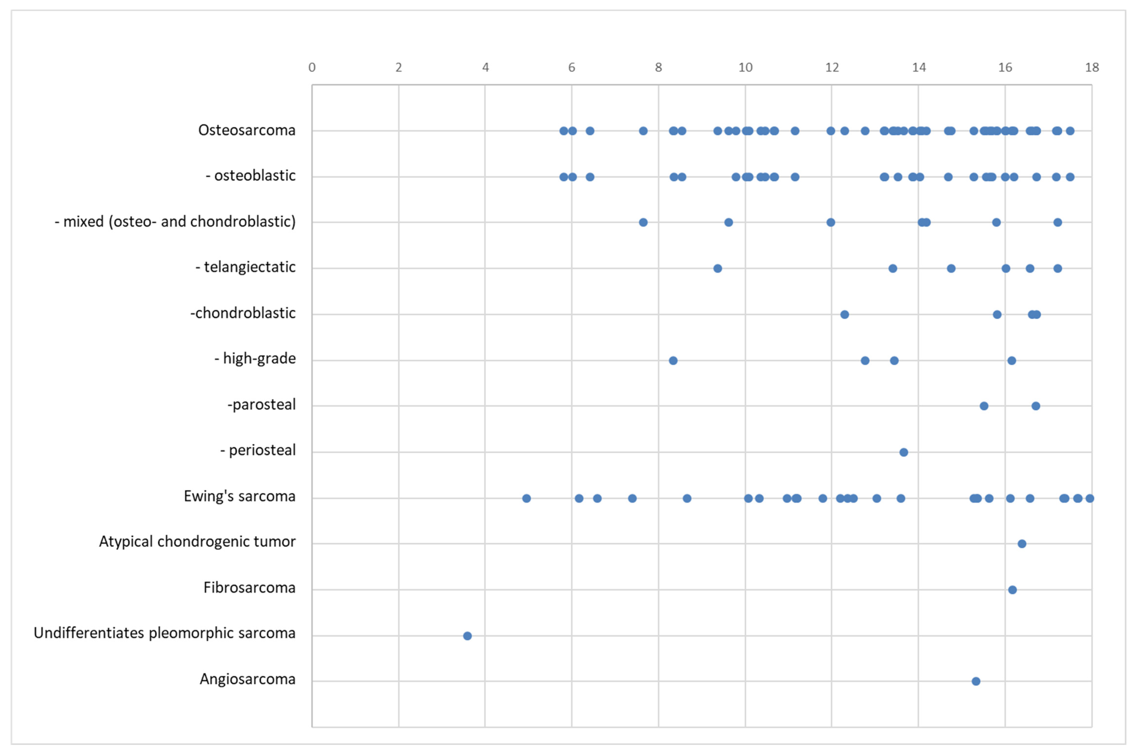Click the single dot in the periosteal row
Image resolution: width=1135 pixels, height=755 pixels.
pos(904,452)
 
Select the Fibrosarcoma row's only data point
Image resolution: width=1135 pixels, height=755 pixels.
pos(1012,590)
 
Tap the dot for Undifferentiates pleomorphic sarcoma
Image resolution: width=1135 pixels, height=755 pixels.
pos(467,636)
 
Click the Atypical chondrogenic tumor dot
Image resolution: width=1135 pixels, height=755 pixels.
pos(1022,544)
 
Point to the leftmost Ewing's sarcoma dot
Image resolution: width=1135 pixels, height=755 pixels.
pos(526,498)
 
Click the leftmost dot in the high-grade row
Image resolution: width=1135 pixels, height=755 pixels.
pos(673,361)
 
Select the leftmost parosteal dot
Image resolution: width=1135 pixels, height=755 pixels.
pos(984,406)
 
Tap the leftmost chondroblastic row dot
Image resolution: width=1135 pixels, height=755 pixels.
pos(844,315)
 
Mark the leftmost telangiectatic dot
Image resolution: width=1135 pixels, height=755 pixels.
pos(717,268)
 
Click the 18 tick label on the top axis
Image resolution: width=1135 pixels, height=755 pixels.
pos(1092,67)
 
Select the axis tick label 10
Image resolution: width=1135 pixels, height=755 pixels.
pos(745,67)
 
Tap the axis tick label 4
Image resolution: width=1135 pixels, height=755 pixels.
pos(485,67)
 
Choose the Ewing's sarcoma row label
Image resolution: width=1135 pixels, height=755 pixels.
pos(240,496)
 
